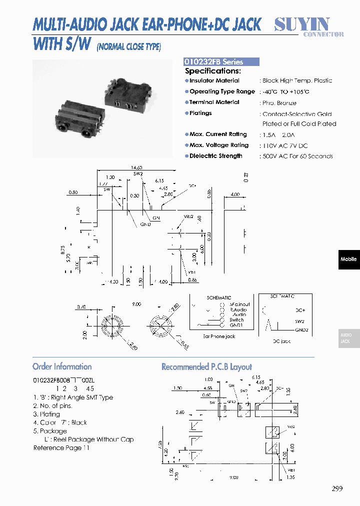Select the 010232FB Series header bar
pyautogui.click(x=221, y=62)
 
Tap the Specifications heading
pyautogui.click(x=212, y=71)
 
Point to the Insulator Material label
pyautogui.click(x=214, y=80)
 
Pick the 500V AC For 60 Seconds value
pyautogui.click(x=297, y=156)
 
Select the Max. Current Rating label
pyautogui.click(x=218, y=134)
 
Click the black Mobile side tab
pyautogui.click(x=348, y=259)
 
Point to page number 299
pyautogui.click(x=337, y=489)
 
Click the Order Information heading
pyautogui.click(x=62, y=366)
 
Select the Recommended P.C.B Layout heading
pyautogui.click(x=206, y=367)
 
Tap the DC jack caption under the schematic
pyautogui.click(x=281, y=341)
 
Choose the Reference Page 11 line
pyautogui.click(x=61, y=448)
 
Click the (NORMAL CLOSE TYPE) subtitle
pyautogui.click(x=129, y=47)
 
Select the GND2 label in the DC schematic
pyautogui.click(x=301, y=330)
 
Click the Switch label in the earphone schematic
pyautogui.click(x=237, y=320)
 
